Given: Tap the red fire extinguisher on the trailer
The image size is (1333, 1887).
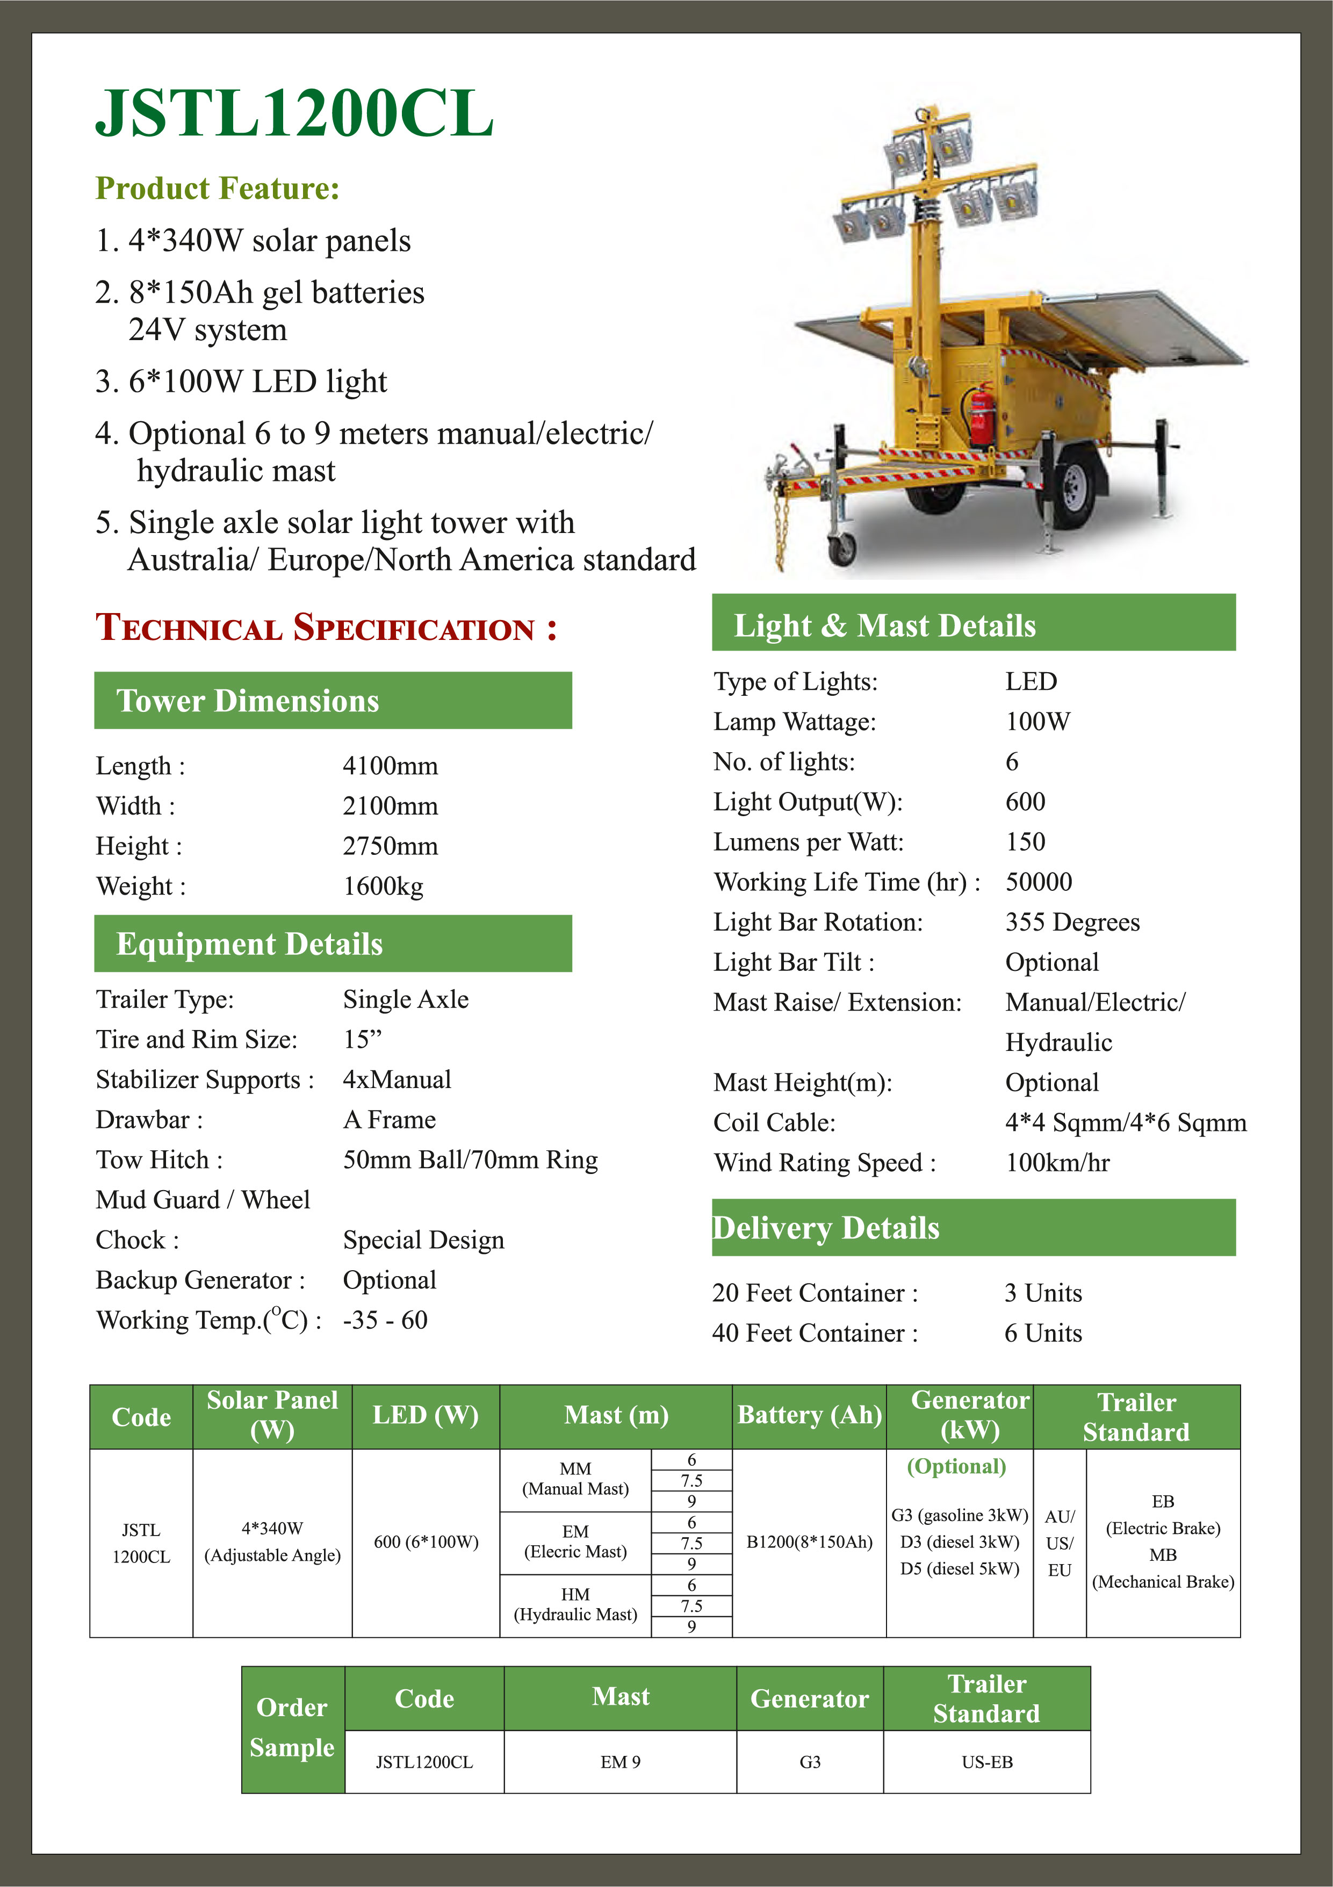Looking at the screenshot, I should point(981,415).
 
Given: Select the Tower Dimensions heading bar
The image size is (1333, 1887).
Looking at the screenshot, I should point(333,700).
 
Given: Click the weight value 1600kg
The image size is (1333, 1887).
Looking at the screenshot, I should point(383,886).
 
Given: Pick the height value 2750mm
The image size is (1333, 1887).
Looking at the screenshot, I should point(391,846).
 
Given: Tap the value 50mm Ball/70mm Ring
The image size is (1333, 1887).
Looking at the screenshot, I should point(470,1159).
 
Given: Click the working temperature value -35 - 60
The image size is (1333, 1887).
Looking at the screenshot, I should point(385,1320).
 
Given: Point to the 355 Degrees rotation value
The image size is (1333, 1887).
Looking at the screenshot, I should point(1072,922).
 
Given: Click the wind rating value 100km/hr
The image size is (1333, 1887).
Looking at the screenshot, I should point(1058,1163).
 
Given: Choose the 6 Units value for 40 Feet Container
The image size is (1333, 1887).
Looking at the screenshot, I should point(1043,1333).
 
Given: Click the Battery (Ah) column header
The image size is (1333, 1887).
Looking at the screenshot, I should point(810,1415).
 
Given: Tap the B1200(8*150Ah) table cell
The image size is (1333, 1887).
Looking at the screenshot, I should point(810,1542).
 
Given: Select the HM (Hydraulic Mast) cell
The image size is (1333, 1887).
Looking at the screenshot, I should point(575,1604).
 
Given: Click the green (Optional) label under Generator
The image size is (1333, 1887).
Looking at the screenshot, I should point(956,1467).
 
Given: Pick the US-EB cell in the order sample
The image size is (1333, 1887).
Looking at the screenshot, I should point(987,1762).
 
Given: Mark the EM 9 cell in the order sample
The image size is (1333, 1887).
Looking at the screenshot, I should point(621,1762).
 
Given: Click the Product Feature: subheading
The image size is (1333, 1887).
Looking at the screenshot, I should point(218,188).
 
